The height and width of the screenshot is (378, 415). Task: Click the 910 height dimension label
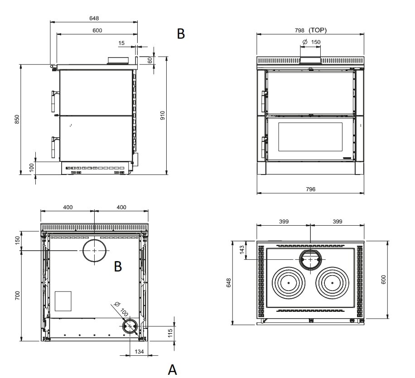tap(163, 116)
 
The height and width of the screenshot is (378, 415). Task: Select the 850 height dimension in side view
tap(17, 119)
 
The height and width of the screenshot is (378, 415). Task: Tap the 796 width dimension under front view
tap(310, 189)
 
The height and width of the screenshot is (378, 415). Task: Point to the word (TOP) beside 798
tap(318, 30)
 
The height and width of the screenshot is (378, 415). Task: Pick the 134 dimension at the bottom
tap(139, 352)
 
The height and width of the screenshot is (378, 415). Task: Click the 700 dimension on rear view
tap(18, 296)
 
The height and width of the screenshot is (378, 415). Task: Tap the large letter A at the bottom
tap(172, 369)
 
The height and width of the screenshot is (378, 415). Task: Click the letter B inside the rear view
tap(118, 267)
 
